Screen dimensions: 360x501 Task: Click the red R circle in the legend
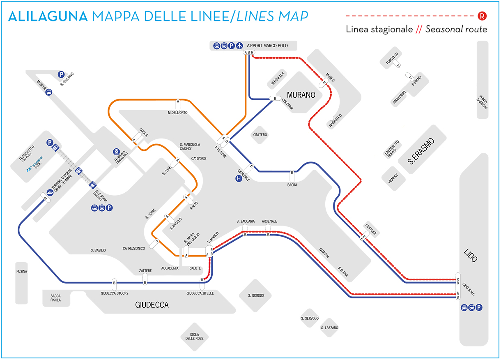point(483,16)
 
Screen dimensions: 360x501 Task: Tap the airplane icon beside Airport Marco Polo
point(239,46)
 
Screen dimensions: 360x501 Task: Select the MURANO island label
point(301,95)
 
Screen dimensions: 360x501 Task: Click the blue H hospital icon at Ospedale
point(239,178)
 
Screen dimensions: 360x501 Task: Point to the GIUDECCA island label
point(152,305)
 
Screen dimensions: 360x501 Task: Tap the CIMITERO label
point(260,135)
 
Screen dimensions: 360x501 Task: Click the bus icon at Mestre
point(49,92)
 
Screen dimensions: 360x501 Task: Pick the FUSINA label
point(22,272)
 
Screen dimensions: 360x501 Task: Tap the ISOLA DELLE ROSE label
point(194,336)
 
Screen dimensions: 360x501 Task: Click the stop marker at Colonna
point(274,99)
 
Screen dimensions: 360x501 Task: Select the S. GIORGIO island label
point(256,295)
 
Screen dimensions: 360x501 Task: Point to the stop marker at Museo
point(324,83)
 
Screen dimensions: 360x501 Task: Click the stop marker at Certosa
point(363,237)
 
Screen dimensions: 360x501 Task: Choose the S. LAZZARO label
point(329,328)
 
